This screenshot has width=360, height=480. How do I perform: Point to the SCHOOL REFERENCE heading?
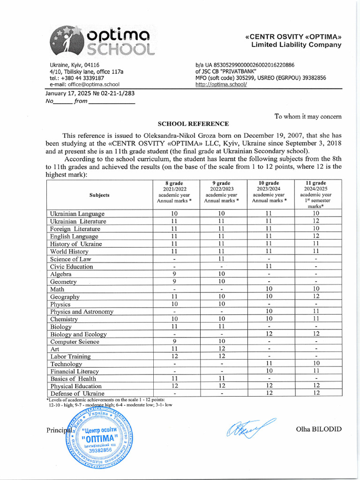pyautogui.click(x=193, y=124)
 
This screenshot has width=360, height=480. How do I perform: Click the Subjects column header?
pyautogui.click(x=99, y=195)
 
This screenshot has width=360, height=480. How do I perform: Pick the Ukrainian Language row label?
pyautogui.click(x=77, y=214)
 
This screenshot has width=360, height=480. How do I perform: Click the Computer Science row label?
pyautogui.click(x=75, y=342)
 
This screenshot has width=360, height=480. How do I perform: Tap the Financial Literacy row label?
pyautogui.click(x=75, y=372)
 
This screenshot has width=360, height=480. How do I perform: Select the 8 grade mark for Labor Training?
pyautogui.click(x=174, y=357)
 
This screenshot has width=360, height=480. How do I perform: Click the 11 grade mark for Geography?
pyautogui.click(x=316, y=297)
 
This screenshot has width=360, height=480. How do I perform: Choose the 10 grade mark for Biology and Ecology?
pyautogui.click(x=269, y=334)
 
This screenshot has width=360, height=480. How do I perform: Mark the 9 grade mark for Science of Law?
pyautogui.click(x=222, y=259)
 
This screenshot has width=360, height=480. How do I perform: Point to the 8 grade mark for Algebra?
pyautogui.click(x=174, y=274)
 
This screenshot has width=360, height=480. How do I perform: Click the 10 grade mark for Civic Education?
pyautogui.click(x=269, y=266)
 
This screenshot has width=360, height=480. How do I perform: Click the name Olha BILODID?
pyautogui.click(x=319, y=429)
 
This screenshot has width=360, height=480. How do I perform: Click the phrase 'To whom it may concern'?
pyautogui.click(x=308, y=116)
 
